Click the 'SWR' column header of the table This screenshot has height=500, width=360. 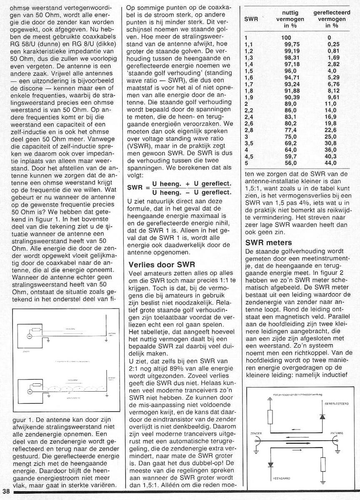click(x=248, y=19)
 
